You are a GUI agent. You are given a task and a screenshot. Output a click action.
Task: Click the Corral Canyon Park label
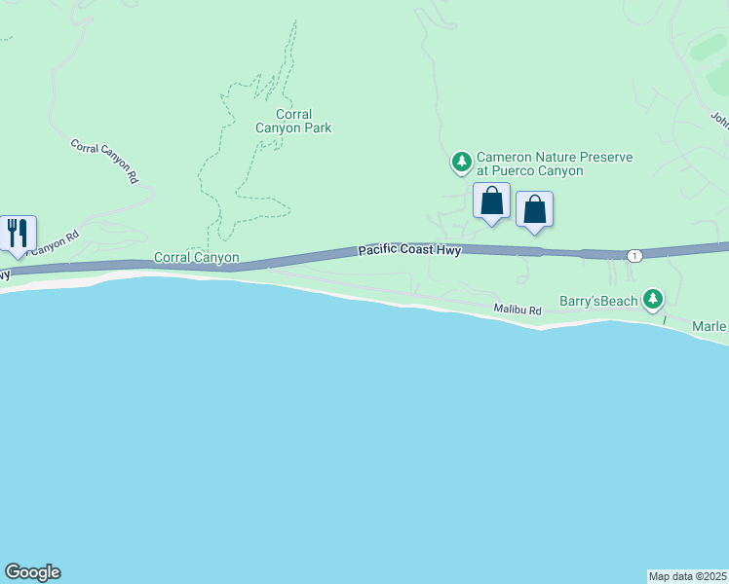click(x=293, y=121)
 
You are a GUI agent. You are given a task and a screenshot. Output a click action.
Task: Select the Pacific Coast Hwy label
click(x=408, y=251)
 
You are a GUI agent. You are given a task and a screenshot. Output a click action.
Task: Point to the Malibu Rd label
click(x=517, y=309)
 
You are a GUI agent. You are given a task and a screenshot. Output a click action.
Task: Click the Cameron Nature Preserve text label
click(x=554, y=164)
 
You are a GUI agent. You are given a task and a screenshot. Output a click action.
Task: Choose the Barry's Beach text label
click(x=598, y=301)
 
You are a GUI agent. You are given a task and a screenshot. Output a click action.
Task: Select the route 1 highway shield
click(x=634, y=255)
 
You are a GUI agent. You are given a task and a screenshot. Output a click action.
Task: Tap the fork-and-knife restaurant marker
click(x=18, y=234)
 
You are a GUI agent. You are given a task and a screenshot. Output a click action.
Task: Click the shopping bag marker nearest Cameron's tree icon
click(x=492, y=201)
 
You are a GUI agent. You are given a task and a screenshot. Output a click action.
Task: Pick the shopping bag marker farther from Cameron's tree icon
click(x=534, y=209)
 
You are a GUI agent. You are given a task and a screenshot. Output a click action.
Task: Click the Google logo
click(x=32, y=572)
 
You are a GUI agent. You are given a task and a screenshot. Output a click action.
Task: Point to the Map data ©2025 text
click(x=688, y=576)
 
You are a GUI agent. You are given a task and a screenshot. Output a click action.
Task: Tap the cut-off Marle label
click(x=710, y=325)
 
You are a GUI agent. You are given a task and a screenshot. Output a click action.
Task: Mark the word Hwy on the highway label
click(x=448, y=251)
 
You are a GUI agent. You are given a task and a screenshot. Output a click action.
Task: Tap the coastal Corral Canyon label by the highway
click(x=196, y=258)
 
